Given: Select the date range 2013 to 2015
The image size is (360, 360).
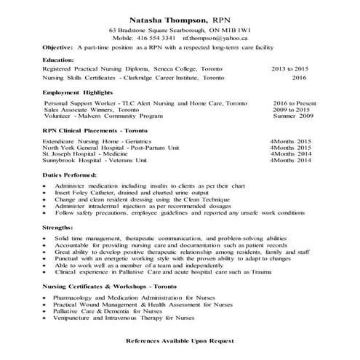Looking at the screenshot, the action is coord(289,68).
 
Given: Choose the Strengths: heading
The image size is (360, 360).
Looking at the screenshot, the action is coord(37,228).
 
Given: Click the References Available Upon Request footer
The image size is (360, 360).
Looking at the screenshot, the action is coord(180,340).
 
